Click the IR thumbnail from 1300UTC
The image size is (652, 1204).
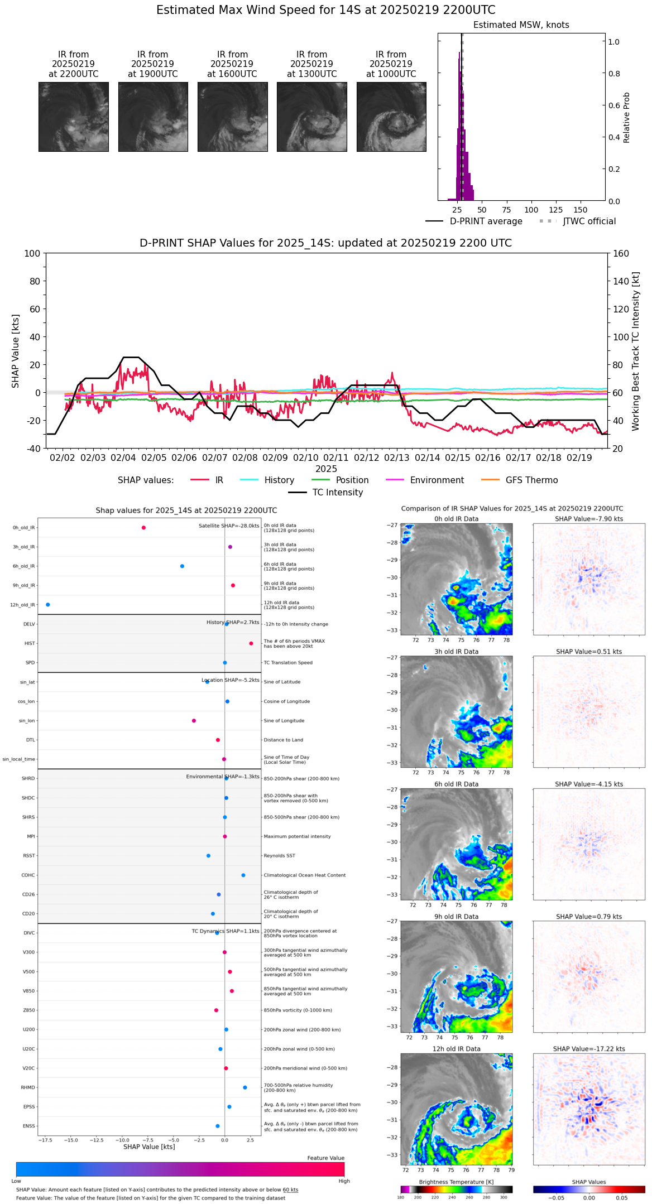[x=311, y=117]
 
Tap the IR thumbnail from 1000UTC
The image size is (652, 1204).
[x=391, y=117]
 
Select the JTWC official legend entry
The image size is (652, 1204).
[x=589, y=221]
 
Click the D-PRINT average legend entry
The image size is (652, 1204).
[x=486, y=221]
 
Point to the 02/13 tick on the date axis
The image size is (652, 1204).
[x=397, y=457]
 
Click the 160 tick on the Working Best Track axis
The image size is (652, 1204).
[x=621, y=253]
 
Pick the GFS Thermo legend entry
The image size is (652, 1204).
[x=531, y=480]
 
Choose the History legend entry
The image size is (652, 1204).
[x=279, y=480]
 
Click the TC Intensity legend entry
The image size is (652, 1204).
[x=337, y=493]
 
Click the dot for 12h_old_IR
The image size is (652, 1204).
[x=48, y=605]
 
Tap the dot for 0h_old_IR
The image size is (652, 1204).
[x=143, y=528]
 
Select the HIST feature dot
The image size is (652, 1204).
[x=251, y=644]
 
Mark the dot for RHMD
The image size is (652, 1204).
[x=245, y=1087]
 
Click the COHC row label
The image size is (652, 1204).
[x=28, y=875]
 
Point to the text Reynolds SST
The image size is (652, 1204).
[x=279, y=856]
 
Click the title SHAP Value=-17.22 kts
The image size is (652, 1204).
[x=589, y=1049]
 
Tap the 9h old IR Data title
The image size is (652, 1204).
[x=456, y=917]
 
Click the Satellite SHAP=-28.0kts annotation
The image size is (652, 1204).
[x=229, y=526]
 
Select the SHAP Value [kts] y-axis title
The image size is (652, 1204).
[x=16, y=351]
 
